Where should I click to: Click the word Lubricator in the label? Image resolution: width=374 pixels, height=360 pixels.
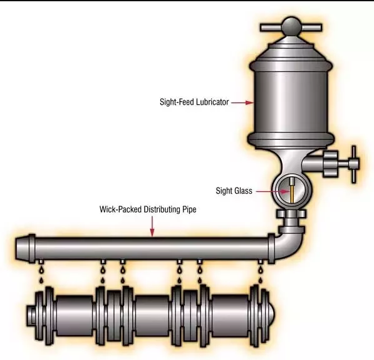pos(212,102)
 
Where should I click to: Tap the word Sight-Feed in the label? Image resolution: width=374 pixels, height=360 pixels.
pos(177,102)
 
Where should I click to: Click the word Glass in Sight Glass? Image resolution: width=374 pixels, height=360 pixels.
pos(243,191)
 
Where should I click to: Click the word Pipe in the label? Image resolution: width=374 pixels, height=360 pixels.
pos(189,209)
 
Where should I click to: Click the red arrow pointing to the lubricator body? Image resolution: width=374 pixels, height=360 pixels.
pos(242,103)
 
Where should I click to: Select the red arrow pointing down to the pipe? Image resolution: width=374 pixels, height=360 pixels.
pos(152,226)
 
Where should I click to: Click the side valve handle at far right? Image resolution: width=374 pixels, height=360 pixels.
pos(354,164)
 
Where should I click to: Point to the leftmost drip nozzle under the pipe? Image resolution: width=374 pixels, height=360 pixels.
pos(41,262)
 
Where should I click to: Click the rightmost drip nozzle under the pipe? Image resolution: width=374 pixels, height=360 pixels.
pos(261,262)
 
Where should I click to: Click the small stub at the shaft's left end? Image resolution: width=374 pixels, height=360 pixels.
pos(31,315)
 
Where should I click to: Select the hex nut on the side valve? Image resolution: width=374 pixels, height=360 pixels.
pos(331,164)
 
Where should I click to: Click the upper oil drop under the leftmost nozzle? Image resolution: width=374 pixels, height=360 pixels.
pos(41,270)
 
